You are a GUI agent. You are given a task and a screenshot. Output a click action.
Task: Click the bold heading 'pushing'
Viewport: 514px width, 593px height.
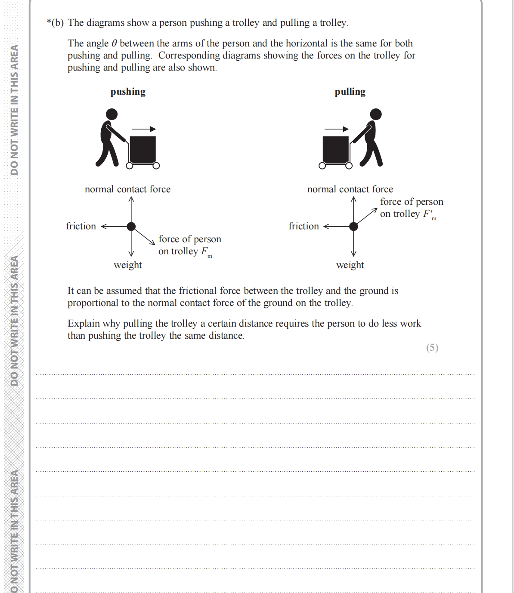[x=128, y=92]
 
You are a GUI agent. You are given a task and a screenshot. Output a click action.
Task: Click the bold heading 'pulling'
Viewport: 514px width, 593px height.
[x=350, y=92]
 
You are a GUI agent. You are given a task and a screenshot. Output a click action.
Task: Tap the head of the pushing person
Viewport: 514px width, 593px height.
[x=111, y=114]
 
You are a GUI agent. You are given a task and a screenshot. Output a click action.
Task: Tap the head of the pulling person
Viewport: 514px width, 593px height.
[x=376, y=114]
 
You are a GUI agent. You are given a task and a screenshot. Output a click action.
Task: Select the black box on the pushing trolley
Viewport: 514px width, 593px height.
[x=142, y=150]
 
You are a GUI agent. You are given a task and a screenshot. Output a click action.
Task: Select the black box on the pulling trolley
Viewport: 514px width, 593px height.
[x=336, y=150]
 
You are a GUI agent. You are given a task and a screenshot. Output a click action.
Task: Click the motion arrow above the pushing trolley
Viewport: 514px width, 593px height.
[x=144, y=129]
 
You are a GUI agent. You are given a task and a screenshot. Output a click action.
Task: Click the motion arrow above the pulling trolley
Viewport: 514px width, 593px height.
[x=337, y=129]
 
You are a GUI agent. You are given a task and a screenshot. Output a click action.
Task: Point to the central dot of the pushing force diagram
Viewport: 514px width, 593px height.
[x=131, y=226]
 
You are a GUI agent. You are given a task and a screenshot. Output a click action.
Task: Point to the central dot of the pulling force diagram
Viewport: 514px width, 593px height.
[x=353, y=226]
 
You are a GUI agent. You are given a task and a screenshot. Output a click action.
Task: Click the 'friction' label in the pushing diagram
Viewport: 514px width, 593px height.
[x=81, y=226]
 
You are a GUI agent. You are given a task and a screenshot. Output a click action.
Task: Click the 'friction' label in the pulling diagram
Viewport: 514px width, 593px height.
[x=303, y=226]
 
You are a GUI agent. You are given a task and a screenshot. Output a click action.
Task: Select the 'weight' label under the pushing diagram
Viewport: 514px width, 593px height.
[x=128, y=265]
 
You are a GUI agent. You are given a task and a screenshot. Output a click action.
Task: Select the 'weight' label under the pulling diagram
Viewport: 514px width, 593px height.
[x=350, y=265]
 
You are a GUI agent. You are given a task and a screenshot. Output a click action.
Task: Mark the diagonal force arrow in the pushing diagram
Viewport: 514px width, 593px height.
[x=144, y=236]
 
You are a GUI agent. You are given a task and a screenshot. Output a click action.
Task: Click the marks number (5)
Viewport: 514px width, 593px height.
[x=432, y=348]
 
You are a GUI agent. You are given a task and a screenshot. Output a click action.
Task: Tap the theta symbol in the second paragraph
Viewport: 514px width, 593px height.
[x=114, y=43]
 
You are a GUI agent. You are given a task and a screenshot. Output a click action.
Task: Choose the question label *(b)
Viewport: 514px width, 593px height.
[x=55, y=23]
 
